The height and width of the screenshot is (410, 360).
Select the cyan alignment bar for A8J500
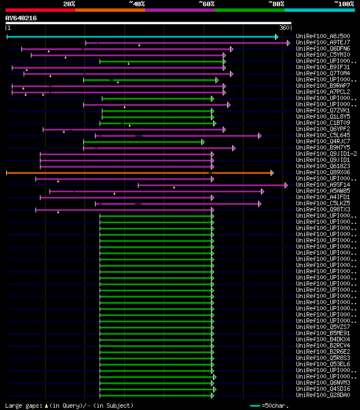click(x=141, y=37)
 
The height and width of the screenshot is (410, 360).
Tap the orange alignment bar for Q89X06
click(x=141, y=173)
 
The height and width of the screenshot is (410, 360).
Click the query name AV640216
click(x=21, y=18)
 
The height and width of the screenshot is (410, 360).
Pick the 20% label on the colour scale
click(x=69, y=3)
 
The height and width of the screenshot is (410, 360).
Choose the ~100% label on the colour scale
click(x=343, y=3)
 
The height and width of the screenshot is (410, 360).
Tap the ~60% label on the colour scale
click(x=206, y=3)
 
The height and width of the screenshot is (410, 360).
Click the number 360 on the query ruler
click(x=283, y=28)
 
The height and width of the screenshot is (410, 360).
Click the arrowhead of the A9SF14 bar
click(x=286, y=185)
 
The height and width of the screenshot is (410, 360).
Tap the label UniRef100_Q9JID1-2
click(x=326, y=154)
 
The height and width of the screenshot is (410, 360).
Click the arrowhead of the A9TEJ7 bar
click(x=289, y=43)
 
